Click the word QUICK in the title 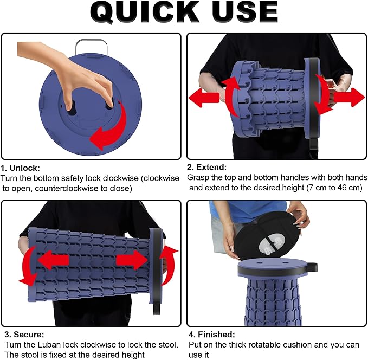coord(144,12)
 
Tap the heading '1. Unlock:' coord(20,168)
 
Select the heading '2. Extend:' coord(207,167)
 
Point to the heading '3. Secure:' coord(24,334)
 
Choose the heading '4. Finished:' coord(212,334)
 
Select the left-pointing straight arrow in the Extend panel coord(204,97)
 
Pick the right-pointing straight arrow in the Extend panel coord(349,97)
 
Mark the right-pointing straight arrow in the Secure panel coord(132,260)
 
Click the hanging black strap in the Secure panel coord(157,305)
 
